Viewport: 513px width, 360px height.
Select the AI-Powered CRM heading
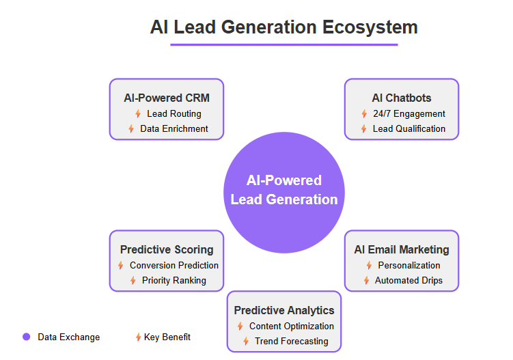tap(167, 98)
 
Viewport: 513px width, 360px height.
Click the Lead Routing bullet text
tap(174, 114)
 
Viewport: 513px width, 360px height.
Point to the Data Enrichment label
tap(174, 128)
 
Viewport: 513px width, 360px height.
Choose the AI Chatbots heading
tap(402, 98)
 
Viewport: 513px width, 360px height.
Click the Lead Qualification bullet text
tap(408, 128)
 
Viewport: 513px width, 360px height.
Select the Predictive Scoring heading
tap(167, 249)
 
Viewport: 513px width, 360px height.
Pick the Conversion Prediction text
tap(174, 266)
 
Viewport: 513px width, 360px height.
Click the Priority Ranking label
tap(174, 280)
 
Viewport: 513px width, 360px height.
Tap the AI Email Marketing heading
tap(402, 249)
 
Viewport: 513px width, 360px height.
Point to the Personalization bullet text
tap(408, 266)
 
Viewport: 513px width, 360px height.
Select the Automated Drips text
tap(408, 280)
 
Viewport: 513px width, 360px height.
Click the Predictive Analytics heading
tap(284, 310)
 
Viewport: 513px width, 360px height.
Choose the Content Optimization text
tap(291, 327)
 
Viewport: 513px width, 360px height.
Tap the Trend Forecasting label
tap(291, 341)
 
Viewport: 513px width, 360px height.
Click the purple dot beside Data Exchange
tap(27, 337)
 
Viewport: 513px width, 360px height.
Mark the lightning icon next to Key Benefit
tap(138, 337)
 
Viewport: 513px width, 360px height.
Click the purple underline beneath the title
tap(284, 45)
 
